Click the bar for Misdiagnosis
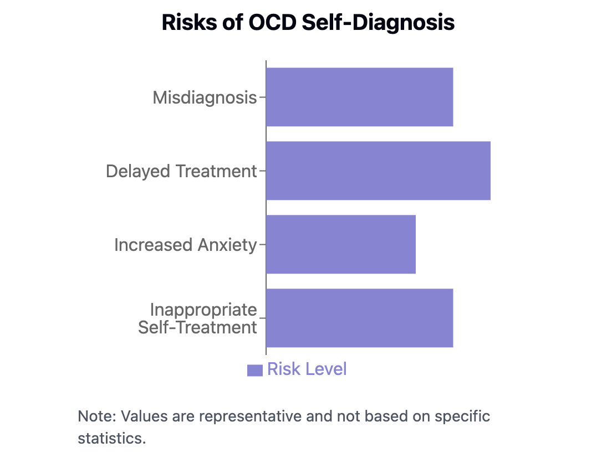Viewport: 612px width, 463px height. pyautogui.click(x=359, y=97)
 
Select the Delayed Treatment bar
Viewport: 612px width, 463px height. pyautogui.click(x=378, y=171)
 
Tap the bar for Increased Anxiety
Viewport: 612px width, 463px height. pyautogui.click(x=340, y=244)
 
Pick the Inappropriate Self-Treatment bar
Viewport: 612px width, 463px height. pyautogui.click(x=359, y=318)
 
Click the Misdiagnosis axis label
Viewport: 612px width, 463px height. pyautogui.click(x=205, y=98)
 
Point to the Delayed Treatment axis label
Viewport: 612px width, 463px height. pyautogui.click(x=181, y=171)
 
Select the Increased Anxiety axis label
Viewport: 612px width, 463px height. pyautogui.click(x=185, y=245)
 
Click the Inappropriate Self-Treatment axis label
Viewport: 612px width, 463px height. pyautogui.click(x=198, y=318)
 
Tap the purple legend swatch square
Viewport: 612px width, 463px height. pyautogui.click(x=254, y=370)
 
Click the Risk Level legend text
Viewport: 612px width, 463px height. pyautogui.click(x=307, y=369)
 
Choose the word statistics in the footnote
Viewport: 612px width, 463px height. pyautogui.click(x=111, y=439)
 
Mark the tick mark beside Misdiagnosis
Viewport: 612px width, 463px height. pyautogui.click(x=262, y=97)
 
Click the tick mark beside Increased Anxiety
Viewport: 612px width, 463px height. pyautogui.click(x=262, y=244)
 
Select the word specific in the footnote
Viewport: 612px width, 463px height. pyautogui.click(x=462, y=416)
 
